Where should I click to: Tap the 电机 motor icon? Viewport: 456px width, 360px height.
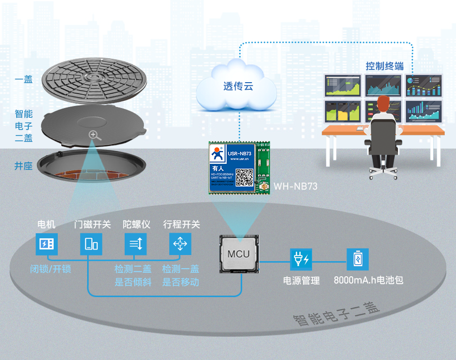[47, 244]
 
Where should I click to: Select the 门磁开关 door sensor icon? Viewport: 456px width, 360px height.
[91, 244]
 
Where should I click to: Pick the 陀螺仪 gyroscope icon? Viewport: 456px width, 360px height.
[136, 244]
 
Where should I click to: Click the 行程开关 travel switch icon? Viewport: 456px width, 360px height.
[180, 244]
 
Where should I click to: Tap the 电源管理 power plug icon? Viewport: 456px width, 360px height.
[300, 259]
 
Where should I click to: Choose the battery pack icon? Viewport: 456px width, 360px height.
[357, 259]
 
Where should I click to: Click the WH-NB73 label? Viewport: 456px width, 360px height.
[295, 187]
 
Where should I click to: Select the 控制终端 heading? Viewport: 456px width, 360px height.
[385, 66]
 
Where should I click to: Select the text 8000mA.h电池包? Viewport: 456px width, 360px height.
[368, 280]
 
